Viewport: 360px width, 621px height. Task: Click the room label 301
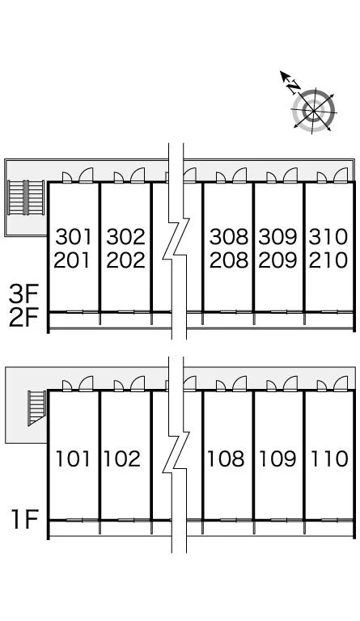pos(74,237)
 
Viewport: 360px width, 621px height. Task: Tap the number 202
pos(125,260)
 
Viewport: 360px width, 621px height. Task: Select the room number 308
pos(228,237)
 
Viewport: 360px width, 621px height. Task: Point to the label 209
pos(277,260)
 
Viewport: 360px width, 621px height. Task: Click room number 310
pos(328,237)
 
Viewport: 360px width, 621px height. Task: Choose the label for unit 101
pos(73,458)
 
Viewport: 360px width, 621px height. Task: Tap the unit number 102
pos(122,458)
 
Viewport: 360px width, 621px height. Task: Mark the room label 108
pos(226,458)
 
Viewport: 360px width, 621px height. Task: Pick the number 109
pos(277,458)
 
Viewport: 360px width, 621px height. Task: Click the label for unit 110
pos(329,458)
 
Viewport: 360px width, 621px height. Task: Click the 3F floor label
pos(23,294)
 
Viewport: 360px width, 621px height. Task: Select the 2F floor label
pos(23,318)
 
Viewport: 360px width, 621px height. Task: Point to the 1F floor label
pos(25,519)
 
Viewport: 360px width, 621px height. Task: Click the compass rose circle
pos(314,110)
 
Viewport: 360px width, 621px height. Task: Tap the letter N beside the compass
pos(294,86)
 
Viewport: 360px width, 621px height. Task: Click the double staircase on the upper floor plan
pos(26,197)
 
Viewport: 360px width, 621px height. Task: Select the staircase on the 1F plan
pos(37,408)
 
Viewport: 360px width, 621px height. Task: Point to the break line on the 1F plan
pos(176,454)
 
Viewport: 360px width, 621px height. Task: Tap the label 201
pos(72,260)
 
